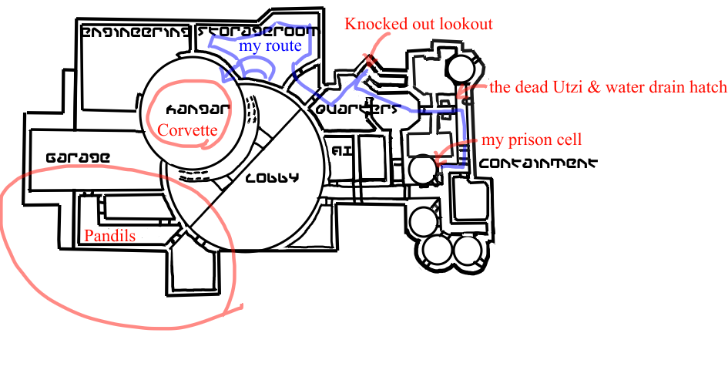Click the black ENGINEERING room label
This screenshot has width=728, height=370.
pos(135,32)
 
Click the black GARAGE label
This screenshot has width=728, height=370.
pos(77,157)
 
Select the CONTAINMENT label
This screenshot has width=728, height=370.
pos(538,163)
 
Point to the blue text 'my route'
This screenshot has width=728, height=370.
pos(269,45)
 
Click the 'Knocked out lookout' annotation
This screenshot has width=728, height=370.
pos(418,24)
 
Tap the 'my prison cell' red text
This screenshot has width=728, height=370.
pos(532,140)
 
